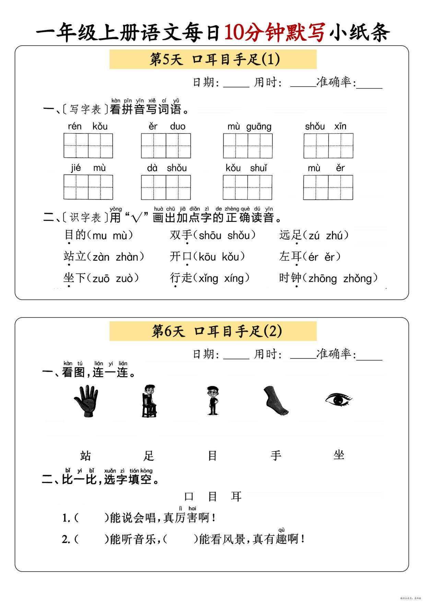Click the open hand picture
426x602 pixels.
(x=86, y=401)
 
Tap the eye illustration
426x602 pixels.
(x=338, y=399)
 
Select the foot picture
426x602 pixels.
(x=275, y=401)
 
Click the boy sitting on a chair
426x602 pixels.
(x=149, y=401)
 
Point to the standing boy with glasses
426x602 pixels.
(x=212, y=401)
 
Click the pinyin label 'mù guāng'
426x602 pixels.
(x=249, y=127)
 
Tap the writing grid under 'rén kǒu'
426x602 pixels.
(x=88, y=145)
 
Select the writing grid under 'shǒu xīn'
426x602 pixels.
(x=328, y=145)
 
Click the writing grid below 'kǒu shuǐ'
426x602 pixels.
(x=247, y=187)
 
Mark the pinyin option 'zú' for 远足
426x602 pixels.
(x=314, y=235)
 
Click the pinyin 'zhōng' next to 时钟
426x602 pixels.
(x=322, y=278)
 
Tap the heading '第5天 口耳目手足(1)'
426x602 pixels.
(x=213, y=59)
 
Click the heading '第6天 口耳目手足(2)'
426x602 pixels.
(x=213, y=331)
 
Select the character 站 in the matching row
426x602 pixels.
(x=85, y=456)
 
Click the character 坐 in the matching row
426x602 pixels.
(x=339, y=455)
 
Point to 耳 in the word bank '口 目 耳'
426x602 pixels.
(x=236, y=496)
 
